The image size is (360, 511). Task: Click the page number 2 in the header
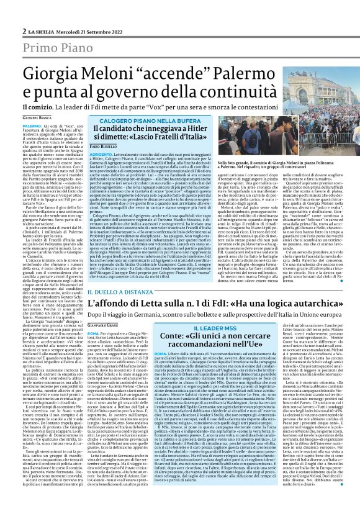(24, 31)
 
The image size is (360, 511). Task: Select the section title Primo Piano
(55, 50)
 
